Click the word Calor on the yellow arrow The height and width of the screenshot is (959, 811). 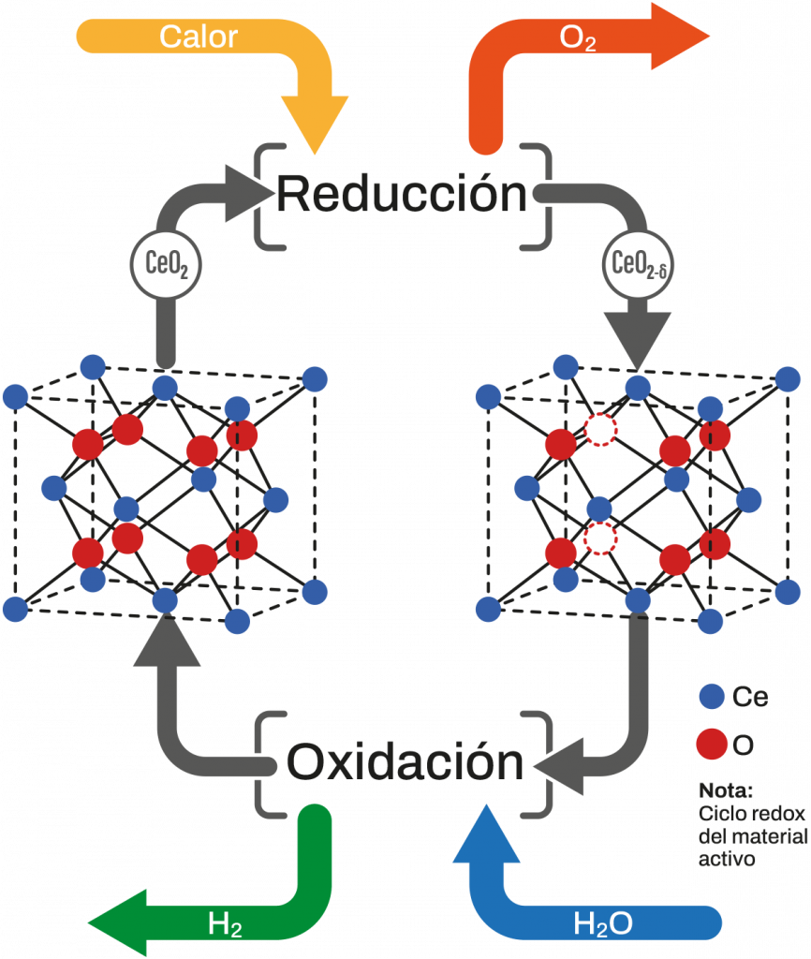[199, 37]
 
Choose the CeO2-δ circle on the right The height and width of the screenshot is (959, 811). [638, 265]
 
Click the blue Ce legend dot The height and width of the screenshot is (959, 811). [713, 696]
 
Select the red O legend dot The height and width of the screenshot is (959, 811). [713, 745]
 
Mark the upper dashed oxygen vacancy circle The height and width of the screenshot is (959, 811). [600, 429]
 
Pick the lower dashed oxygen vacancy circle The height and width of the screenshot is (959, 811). [600, 539]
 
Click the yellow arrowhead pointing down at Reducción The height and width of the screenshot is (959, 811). [315, 122]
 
